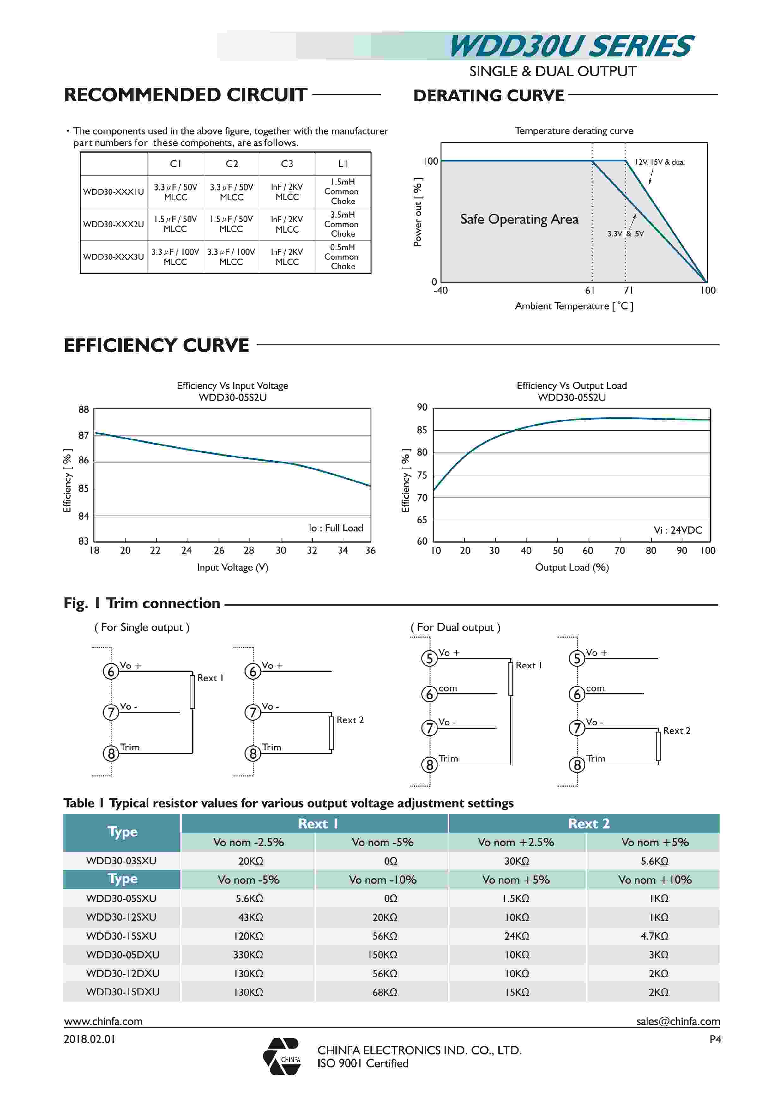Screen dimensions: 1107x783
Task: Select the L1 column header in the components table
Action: (x=343, y=164)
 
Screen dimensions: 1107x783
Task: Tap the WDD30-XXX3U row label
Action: (x=113, y=257)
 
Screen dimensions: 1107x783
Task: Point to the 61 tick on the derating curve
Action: (x=590, y=290)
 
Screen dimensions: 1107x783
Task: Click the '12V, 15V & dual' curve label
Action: (x=660, y=162)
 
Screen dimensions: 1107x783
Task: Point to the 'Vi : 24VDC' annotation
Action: (x=678, y=530)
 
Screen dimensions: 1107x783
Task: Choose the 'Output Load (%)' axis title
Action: (x=572, y=567)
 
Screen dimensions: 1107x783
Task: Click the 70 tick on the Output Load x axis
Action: (x=620, y=551)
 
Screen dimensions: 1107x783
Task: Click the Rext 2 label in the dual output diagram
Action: (x=677, y=730)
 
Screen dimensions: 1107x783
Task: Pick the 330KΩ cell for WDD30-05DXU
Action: (x=248, y=955)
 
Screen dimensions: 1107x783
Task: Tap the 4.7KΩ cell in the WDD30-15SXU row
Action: (x=654, y=936)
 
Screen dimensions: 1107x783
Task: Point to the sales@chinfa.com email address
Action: (x=678, y=1021)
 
